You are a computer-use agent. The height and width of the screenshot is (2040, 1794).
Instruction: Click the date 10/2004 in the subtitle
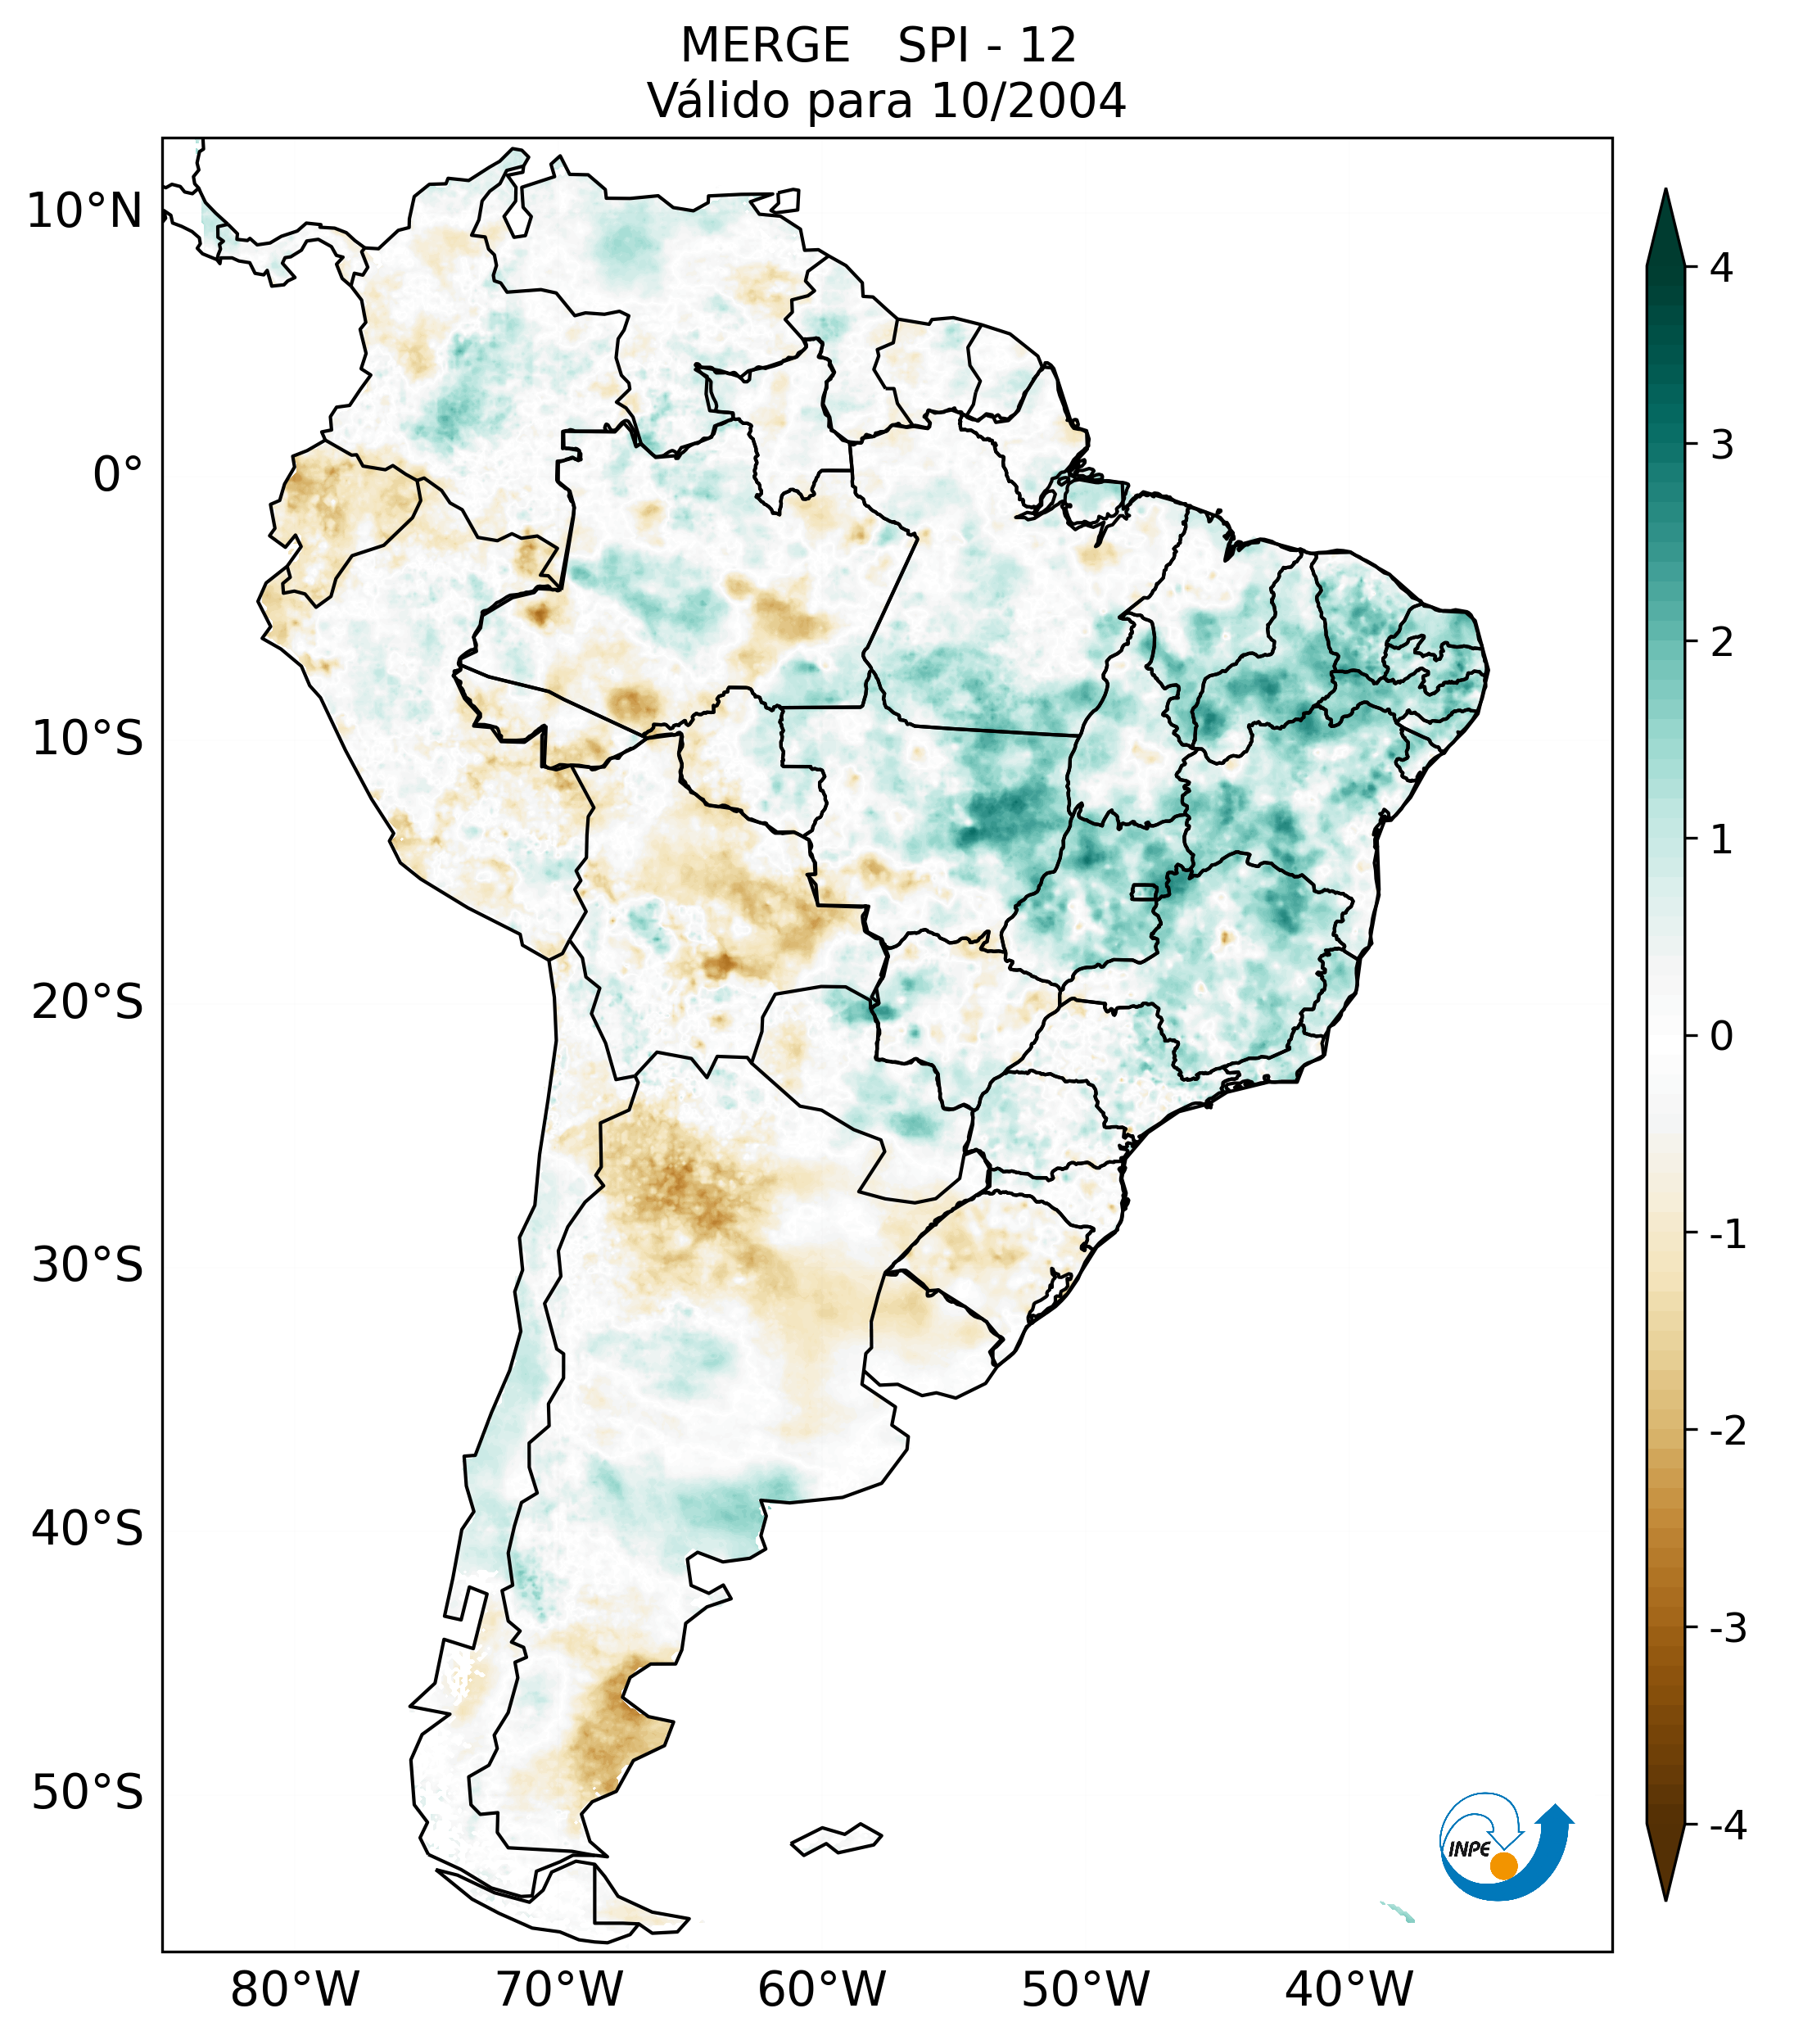(x=1028, y=101)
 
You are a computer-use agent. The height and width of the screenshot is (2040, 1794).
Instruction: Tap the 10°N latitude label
(x=85, y=211)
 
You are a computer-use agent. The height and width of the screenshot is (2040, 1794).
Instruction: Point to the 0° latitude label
(x=118, y=475)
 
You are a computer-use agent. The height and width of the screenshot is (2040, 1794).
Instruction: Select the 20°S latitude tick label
(x=88, y=1002)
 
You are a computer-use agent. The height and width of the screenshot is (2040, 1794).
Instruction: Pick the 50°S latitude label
(x=88, y=1793)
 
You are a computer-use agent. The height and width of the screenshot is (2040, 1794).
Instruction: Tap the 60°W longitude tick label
(x=821, y=1990)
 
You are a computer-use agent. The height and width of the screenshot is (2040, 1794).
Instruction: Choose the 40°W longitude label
(x=1349, y=1990)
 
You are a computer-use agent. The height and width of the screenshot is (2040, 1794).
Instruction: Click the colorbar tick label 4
(x=1721, y=268)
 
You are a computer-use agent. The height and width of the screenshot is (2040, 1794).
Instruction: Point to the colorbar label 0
(x=1721, y=1037)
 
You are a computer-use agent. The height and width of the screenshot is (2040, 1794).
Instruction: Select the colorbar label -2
(x=1727, y=1432)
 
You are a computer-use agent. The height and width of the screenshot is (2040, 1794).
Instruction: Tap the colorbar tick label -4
(x=1727, y=1826)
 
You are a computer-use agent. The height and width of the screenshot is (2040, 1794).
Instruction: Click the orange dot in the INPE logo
(x=1503, y=1866)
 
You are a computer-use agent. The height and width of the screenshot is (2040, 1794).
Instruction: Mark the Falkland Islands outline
(x=836, y=1839)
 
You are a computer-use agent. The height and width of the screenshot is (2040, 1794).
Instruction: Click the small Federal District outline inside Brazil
(x=1145, y=891)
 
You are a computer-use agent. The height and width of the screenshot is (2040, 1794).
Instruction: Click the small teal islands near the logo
(x=1399, y=1912)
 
